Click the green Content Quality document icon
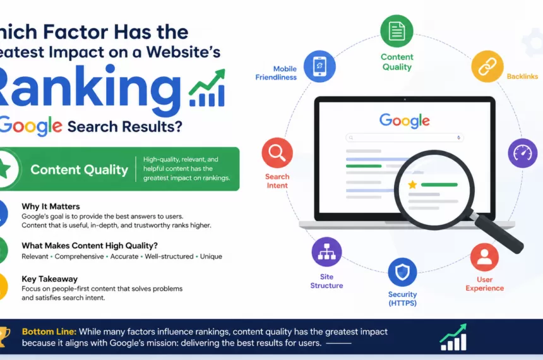click(x=397, y=31)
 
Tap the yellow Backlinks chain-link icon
click(x=487, y=66)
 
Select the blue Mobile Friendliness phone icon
click(x=319, y=66)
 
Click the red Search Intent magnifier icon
click(x=277, y=153)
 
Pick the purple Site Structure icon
click(x=326, y=252)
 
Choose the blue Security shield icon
click(x=402, y=273)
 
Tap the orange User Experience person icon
click(x=484, y=257)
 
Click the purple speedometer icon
click(x=523, y=153)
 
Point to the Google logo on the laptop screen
click(x=404, y=120)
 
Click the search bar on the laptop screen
click(x=404, y=138)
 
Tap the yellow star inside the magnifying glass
click(x=412, y=184)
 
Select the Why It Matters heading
click(x=51, y=207)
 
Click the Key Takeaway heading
click(x=49, y=279)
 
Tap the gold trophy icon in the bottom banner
click(x=4, y=336)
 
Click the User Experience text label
click(x=484, y=284)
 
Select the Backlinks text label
click(x=522, y=76)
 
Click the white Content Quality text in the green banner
click(x=79, y=169)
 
